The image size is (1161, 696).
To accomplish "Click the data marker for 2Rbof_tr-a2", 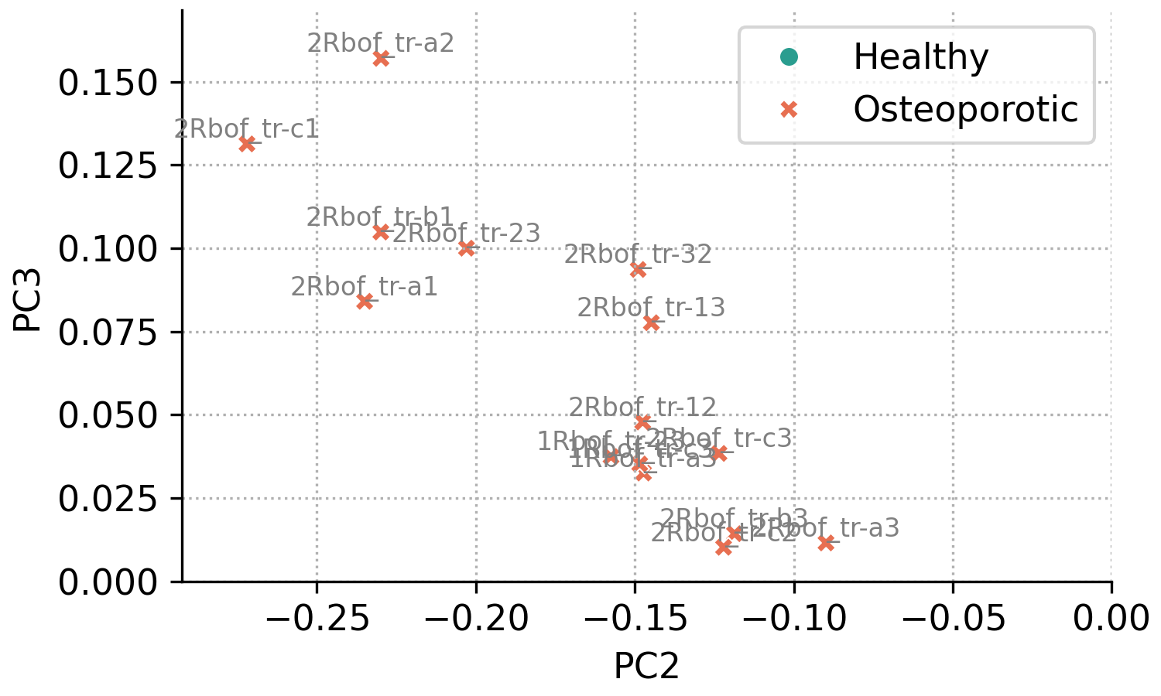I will (x=381, y=58).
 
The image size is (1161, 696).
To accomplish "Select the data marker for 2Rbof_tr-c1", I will (x=247, y=144).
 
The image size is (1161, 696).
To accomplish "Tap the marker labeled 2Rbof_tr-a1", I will (x=365, y=302).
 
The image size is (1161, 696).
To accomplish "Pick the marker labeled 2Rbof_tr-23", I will (x=466, y=248).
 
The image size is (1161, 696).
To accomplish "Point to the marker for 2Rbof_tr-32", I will (x=639, y=269).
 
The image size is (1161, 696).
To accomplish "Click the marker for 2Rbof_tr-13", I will (x=651, y=322).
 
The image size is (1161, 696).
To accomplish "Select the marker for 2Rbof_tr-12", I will (x=642, y=422).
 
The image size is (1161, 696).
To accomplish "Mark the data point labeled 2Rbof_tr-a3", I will (x=826, y=543).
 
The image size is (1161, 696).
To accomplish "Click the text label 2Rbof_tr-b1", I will (x=380, y=217).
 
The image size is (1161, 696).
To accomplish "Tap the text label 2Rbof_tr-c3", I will (x=719, y=438).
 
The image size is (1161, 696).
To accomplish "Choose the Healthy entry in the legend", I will (x=920, y=57).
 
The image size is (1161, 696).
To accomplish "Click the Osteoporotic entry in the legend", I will (x=965, y=110).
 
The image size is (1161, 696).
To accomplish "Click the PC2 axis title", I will (x=646, y=667).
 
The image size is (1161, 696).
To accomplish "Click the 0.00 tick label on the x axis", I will (x=1111, y=619).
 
